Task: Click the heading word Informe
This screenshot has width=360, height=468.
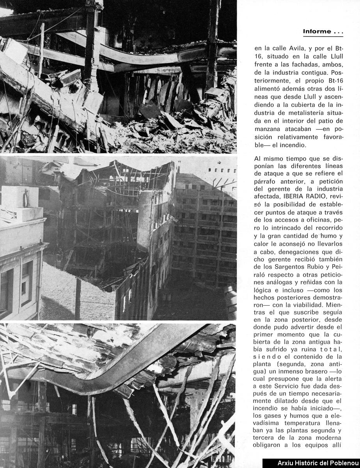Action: click(317, 32)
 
